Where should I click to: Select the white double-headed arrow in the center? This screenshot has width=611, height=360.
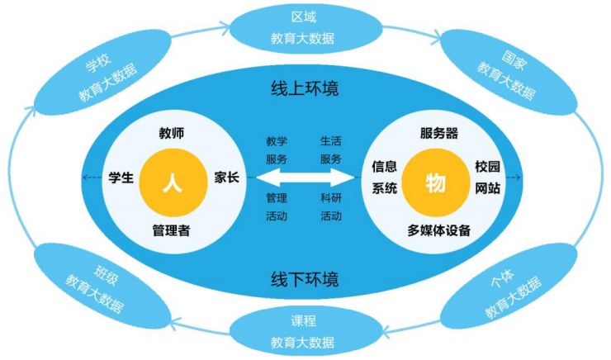[x=305, y=177]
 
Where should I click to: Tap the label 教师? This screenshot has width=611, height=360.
[x=172, y=133]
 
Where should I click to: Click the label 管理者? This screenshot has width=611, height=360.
[x=172, y=229]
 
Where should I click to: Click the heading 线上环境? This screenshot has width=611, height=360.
[x=305, y=88]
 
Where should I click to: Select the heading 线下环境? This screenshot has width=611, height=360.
[x=305, y=277]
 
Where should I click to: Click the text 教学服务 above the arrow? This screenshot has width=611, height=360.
[x=277, y=149]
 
